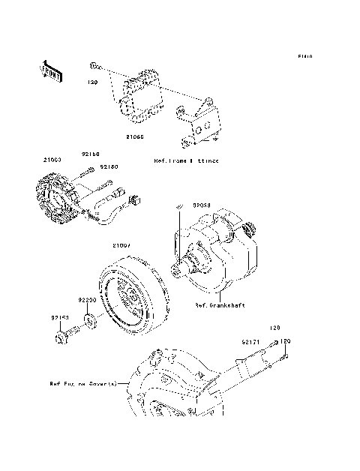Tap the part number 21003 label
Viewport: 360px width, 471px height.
(x=52, y=160)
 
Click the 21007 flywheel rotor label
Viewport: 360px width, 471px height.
(x=121, y=245)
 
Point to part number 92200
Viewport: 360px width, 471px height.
(x=88, y=299)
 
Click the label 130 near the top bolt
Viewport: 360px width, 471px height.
(x=93, y=82)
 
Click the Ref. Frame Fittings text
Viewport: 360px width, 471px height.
(x=186, y=161)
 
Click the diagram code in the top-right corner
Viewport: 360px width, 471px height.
(x=304, y=56)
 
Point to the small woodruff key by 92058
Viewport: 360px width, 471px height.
(x=180, y=206)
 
